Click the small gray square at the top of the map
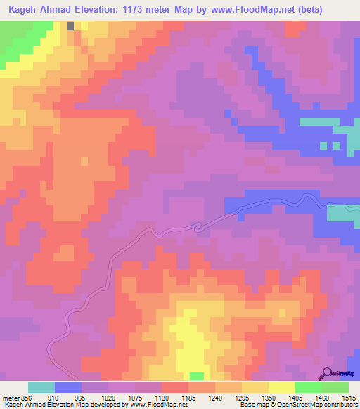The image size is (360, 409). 72,25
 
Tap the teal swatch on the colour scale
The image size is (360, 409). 41,387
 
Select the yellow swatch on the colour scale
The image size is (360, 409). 282,387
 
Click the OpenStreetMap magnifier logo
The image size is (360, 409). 328,373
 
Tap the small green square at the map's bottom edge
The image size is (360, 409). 197,376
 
